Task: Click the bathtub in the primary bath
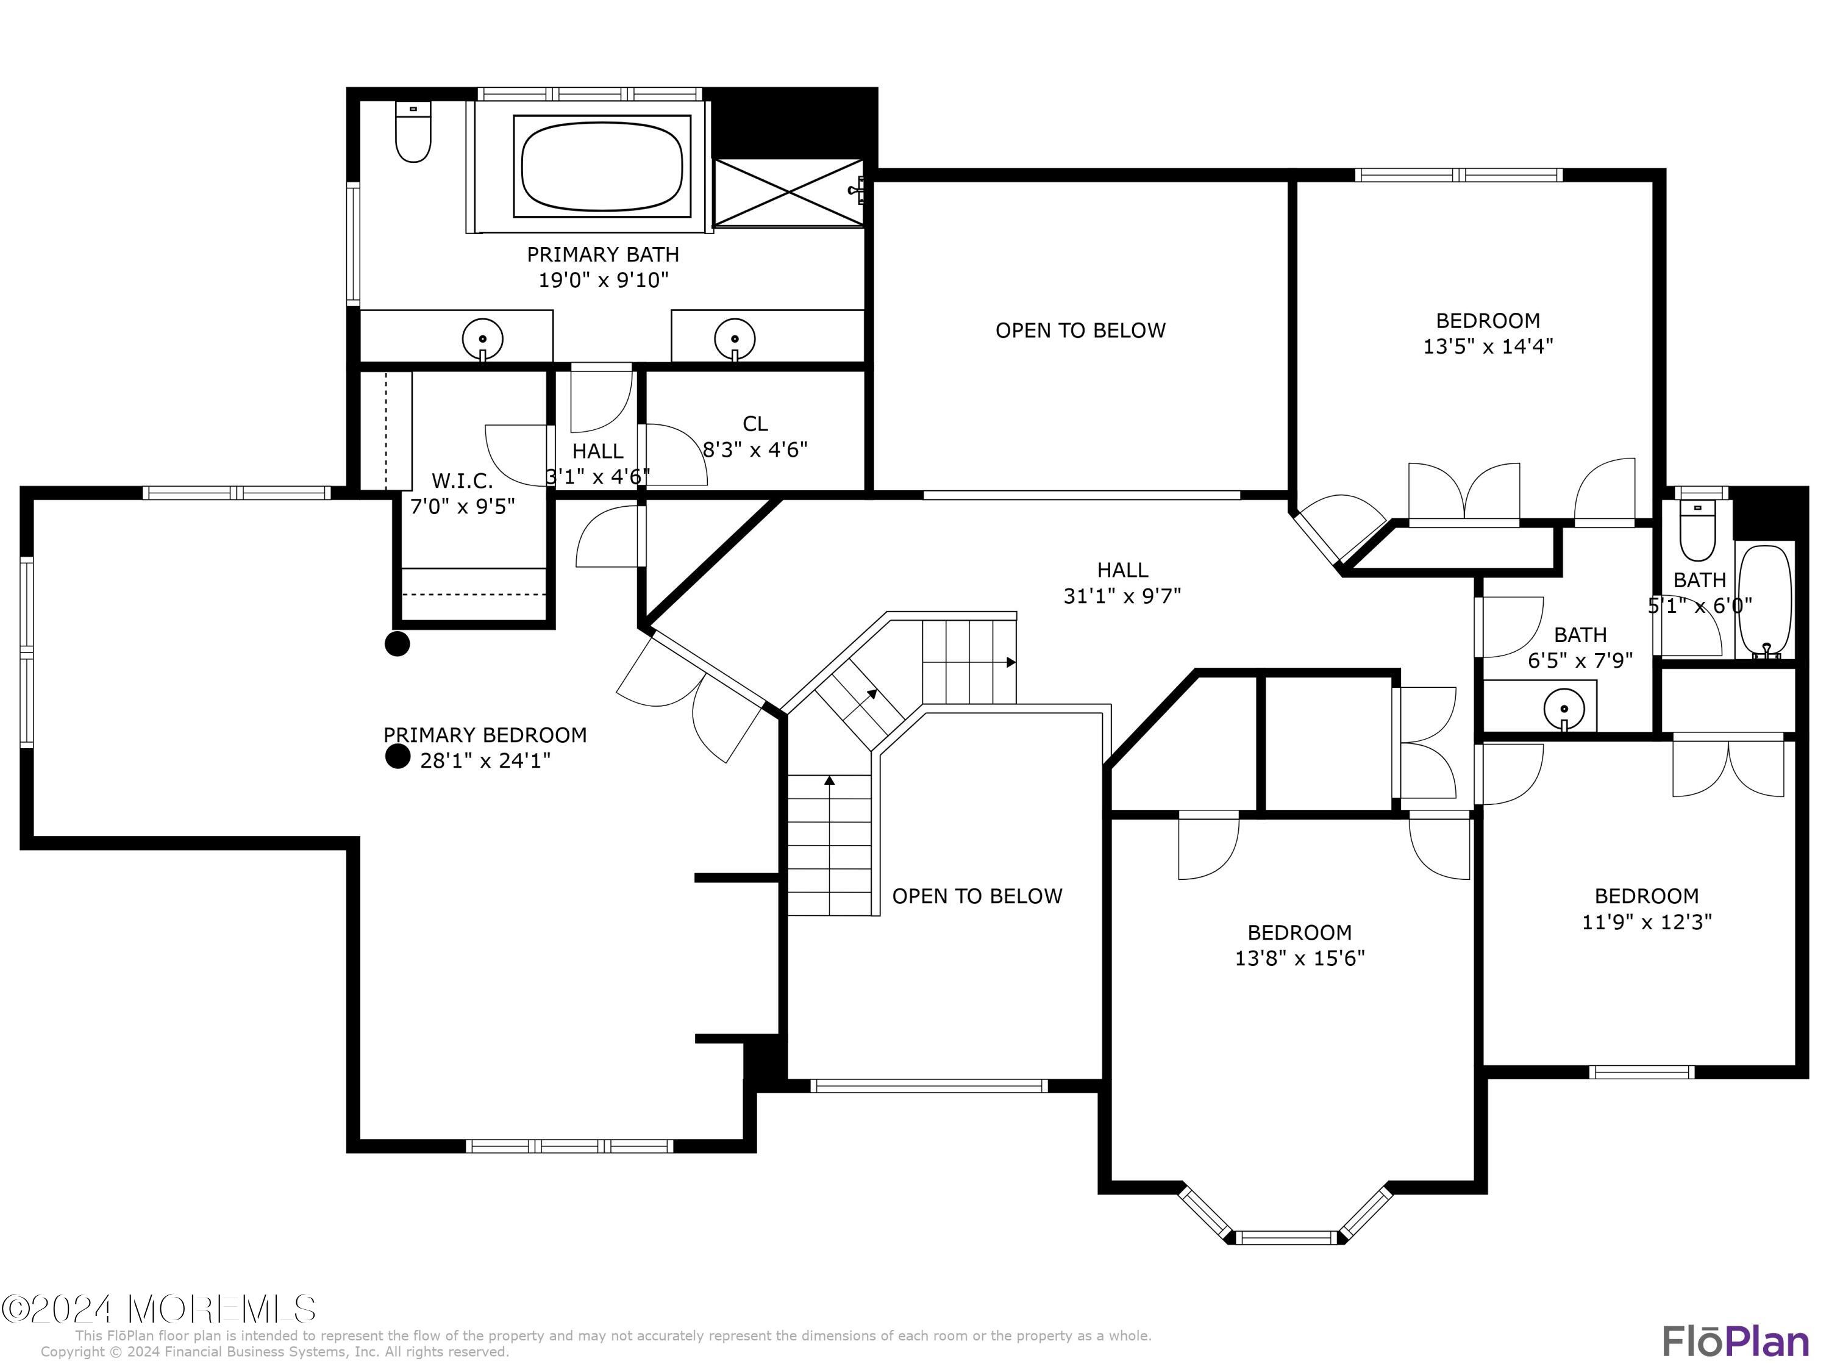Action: click(x=602, y=166)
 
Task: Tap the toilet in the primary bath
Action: click(x=413, y=134)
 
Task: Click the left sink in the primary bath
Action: click(x=483, y=338)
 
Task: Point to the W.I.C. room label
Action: click(x=462, y=481)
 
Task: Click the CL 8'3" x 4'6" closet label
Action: click(x=754, y=437)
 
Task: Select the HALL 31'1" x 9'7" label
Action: click(x=1122, y=582)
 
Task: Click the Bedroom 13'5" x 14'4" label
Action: click(x=1488, y=334)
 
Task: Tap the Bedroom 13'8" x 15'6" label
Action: click(x=1299, y=945)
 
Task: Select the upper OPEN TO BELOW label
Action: click(x=1080, y=330)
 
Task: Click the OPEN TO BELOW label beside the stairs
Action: click(x=977, y=896)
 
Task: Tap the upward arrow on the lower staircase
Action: click(x=829, y=780)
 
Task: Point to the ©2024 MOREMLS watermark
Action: click(x=159, y=1309)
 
